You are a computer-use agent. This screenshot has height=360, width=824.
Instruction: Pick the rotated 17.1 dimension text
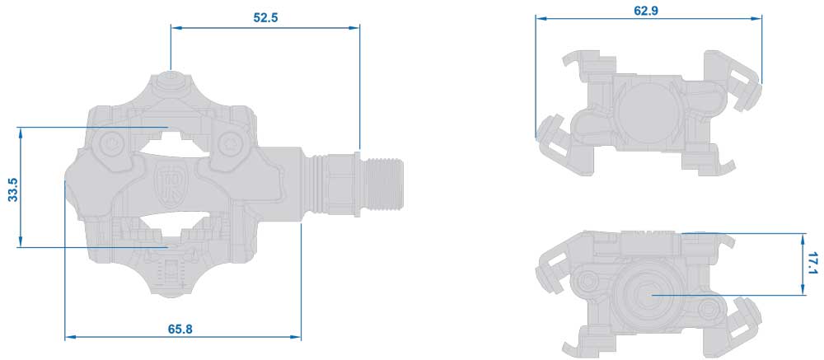coord(812,263)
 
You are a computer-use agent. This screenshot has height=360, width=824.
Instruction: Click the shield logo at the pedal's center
coord(167,180)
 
